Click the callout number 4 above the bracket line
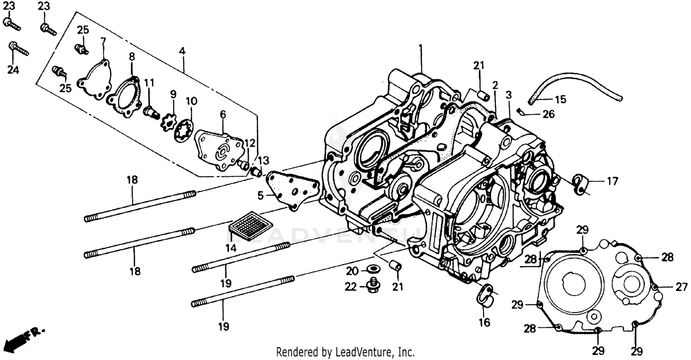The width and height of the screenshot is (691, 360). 183,52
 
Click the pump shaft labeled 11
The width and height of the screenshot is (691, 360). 150,111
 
